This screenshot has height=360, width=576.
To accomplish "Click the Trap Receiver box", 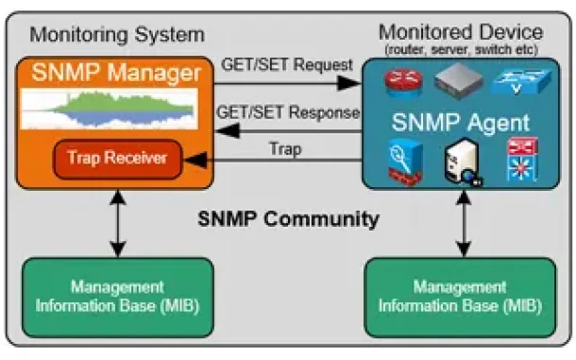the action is point(117,159).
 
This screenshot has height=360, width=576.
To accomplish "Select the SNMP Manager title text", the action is point(116,73).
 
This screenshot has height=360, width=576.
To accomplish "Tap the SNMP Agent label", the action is point(461,123).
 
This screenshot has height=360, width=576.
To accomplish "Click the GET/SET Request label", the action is point(287,64).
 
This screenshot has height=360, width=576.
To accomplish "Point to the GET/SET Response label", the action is point(288,112).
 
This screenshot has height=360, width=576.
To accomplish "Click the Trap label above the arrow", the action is point(285,149).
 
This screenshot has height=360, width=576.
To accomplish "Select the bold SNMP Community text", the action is point(288,219).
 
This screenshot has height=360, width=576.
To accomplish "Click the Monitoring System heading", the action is point(117,35).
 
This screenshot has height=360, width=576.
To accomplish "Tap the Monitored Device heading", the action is point(461,32).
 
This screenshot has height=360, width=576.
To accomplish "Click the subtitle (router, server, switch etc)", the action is point(461,50).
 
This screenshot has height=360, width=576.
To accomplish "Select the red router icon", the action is point(403,83).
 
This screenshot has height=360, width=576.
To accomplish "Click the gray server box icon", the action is point(459,81).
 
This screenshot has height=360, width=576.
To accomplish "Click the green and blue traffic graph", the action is point(110,109).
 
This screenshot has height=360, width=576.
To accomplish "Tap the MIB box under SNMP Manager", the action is point(118,298).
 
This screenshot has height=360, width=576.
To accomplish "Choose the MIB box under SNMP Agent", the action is point(460,298).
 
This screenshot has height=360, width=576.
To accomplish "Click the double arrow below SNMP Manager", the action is point(117,223).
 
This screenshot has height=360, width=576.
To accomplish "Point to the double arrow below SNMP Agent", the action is point(464,223).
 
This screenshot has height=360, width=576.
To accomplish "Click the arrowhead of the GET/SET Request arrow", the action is point(349,83).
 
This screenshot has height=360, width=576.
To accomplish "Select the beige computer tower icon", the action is point(463,162).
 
